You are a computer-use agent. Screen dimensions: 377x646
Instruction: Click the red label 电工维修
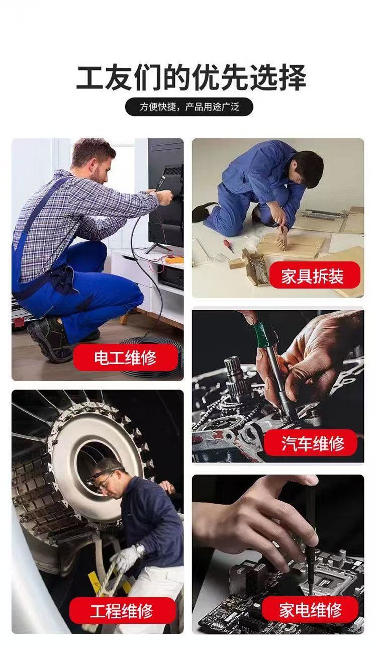pyautogui.click(x=126, y=357)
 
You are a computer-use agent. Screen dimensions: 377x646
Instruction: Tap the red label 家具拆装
pyautogui.click(x=315, y=275)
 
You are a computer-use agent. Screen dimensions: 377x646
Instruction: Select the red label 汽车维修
pyautogui.click(x=311, y=443)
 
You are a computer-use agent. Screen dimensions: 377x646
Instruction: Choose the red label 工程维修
pyautogui.click(x=122, y=610)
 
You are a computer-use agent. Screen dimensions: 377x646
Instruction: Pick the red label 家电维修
pyautogui.click(x=310, y=609)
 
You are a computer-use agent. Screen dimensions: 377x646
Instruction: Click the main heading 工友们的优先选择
pyautogui.click(x=191, y=77)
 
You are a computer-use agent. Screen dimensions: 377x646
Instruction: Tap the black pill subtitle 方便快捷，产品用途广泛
pyautogui.click(x=189, y=107)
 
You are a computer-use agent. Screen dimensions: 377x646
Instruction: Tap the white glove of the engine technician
pyautogui.click(x=126, y=558)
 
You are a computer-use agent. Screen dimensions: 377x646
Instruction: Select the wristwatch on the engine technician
pyautogui.click(x=140, y=549)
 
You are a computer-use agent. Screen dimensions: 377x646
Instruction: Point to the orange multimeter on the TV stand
pyautogui.click(x=173, y=260)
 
